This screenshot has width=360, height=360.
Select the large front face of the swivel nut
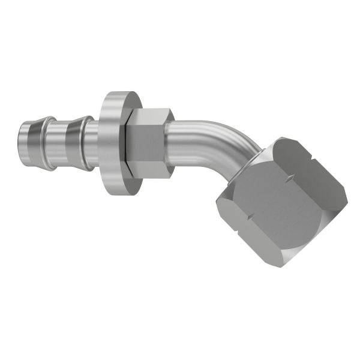click(282, 204)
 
